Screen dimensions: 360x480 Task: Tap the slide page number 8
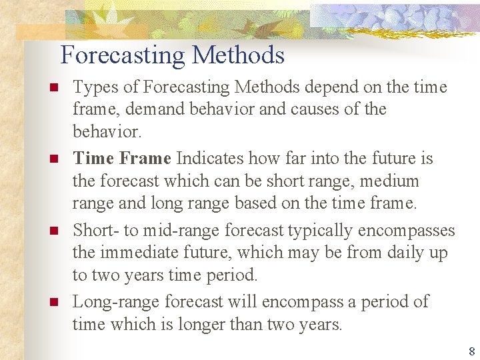click(471, 351)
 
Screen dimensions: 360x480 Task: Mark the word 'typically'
click(320, 231)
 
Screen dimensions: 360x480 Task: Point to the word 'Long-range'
click(115, 302)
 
